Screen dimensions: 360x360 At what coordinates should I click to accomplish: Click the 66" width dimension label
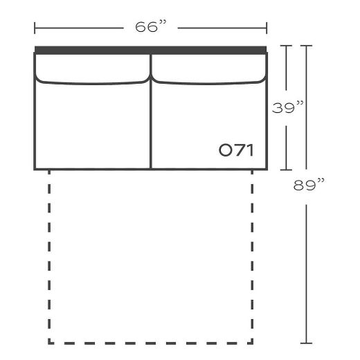click(151, 28)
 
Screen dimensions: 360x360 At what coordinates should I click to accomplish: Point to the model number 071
click(236, 150)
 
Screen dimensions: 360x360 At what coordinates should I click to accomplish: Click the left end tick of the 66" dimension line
click(35, 28)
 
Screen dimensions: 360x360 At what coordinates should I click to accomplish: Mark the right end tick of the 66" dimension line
click(267, 28)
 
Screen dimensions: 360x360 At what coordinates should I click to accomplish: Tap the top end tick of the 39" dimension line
click(287, 46)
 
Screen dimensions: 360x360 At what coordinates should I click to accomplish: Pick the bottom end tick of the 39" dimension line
click(287, 169)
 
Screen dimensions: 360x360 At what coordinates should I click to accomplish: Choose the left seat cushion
click(92, 125)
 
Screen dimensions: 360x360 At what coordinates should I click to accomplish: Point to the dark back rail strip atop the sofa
click(150, 49)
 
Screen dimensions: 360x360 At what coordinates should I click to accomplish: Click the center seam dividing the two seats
click(151, 125)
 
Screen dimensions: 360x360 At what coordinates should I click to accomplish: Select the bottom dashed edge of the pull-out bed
click(150, 342)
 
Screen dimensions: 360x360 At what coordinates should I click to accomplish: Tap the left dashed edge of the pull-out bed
click(49, 256)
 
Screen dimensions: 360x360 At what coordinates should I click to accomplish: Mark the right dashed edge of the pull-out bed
click(252, 256)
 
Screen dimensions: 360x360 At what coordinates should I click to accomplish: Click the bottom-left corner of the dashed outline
click(49, 342)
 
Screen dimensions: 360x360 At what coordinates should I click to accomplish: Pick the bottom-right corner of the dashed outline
click(252, 342)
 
